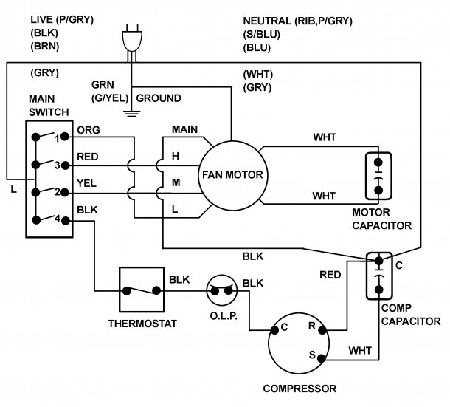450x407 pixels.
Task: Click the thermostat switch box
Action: coord(141,290)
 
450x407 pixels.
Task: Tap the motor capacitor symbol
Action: coord(378,174)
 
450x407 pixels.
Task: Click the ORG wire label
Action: coord(88,131)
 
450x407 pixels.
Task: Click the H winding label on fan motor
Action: coord(176,156)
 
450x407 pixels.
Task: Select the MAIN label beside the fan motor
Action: coord(185,129)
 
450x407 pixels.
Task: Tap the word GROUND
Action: coord(158,98)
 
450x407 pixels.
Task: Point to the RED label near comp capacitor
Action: coord(330,275)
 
